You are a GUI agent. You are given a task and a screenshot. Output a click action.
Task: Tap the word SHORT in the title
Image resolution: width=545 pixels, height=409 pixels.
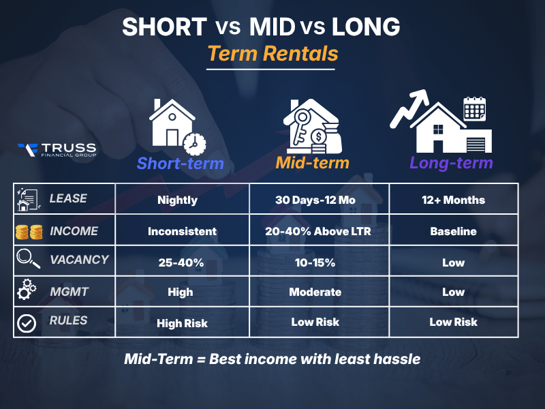(x=163, y=27)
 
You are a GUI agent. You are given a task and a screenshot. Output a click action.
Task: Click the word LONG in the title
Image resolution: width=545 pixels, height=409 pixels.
(x=366, y=27)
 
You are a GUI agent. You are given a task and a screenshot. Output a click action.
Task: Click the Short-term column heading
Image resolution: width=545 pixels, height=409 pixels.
(x=180, y=164)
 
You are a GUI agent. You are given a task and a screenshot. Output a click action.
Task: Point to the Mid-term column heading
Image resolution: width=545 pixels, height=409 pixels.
(x=313, y=164)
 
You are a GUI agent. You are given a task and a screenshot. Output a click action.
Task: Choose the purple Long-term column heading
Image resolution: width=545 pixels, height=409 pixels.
(x=451, y=164)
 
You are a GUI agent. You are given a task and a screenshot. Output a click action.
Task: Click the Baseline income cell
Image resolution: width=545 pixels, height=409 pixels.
(x=453, y=231)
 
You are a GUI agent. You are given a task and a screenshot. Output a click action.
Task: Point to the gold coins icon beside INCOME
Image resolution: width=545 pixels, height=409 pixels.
(x=27, y=232)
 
